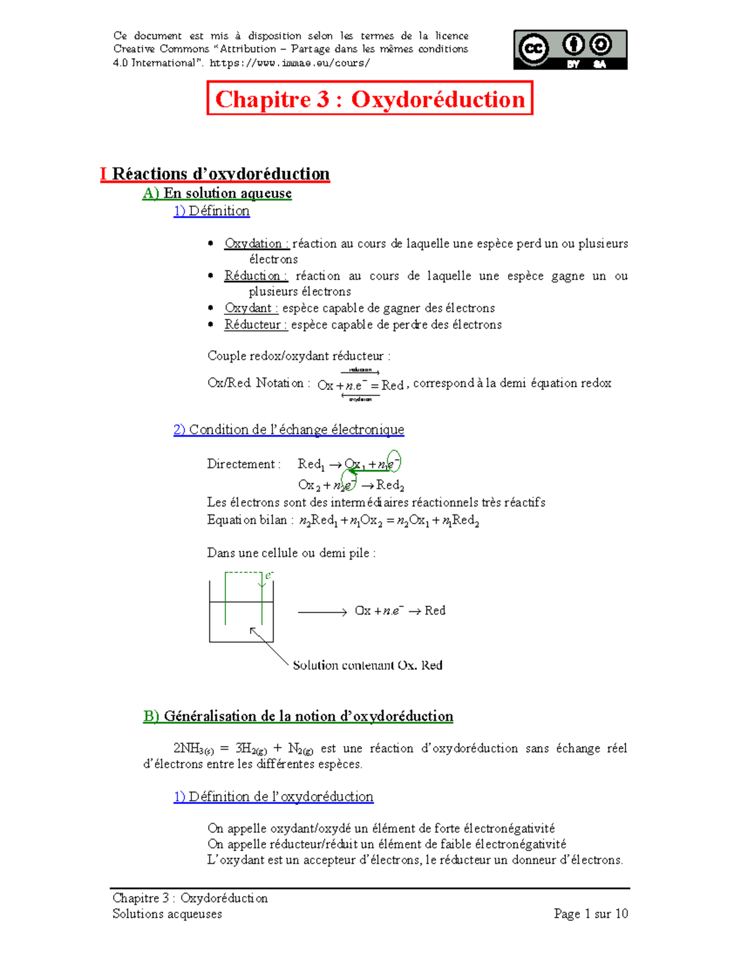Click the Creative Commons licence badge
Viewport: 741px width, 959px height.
click(570, 49)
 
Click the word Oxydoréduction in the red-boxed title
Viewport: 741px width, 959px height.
click(438, 99)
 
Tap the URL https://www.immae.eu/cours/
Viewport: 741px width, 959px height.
click(290, 63)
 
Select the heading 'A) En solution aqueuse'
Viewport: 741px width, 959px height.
click(217, 193)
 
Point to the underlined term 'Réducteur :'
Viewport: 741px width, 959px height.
click(256, 324)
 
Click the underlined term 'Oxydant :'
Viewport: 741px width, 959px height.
click(251, 308)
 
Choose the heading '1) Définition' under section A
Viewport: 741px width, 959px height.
click(212, 211)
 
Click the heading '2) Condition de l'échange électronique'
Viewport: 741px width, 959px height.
click(289, 429)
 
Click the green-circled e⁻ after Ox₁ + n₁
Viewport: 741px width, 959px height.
click(393, 462)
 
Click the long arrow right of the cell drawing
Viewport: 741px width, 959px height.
click(322, 612)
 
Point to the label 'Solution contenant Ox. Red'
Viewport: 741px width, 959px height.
click(367, 665)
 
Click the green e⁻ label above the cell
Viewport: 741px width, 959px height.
click(269, 576)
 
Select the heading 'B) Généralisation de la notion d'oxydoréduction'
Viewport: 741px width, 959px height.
click(298, 716)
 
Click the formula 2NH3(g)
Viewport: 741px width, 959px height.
click(193, 749)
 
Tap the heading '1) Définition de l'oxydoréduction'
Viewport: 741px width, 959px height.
click(274, 797)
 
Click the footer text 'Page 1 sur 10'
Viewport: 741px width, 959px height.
click(590, 913)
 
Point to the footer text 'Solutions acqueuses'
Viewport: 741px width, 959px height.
click(167, 914)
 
